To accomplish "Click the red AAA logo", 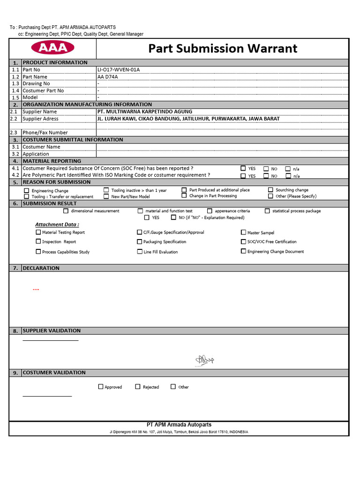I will tap(52, 48).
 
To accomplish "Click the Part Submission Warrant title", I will tap(223, 48).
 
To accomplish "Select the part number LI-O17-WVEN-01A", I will tap(119, 70).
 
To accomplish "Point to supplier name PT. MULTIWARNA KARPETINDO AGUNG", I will tap(144, 112).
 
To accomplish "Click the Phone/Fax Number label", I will tap(45, 133).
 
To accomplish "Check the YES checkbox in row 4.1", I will tap(243, 168).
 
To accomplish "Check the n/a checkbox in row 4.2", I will tap(289, 176).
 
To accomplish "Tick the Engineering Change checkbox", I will tap(27, 191).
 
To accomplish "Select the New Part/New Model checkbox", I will tap(106, 196).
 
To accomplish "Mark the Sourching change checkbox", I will tap(271, 190).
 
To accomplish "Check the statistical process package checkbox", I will tap(267, 211).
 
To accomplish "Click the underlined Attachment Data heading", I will tap(57, 225).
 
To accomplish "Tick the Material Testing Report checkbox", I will tap(38, 232).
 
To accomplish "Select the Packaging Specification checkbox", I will tap(140, 242).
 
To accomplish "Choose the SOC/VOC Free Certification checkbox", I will tap(243, 242).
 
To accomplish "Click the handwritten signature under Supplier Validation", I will tap(204, 360).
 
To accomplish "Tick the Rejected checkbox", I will tap(138, 387).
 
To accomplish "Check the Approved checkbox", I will tap(101, 387).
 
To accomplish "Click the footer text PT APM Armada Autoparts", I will tap(179, 425).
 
